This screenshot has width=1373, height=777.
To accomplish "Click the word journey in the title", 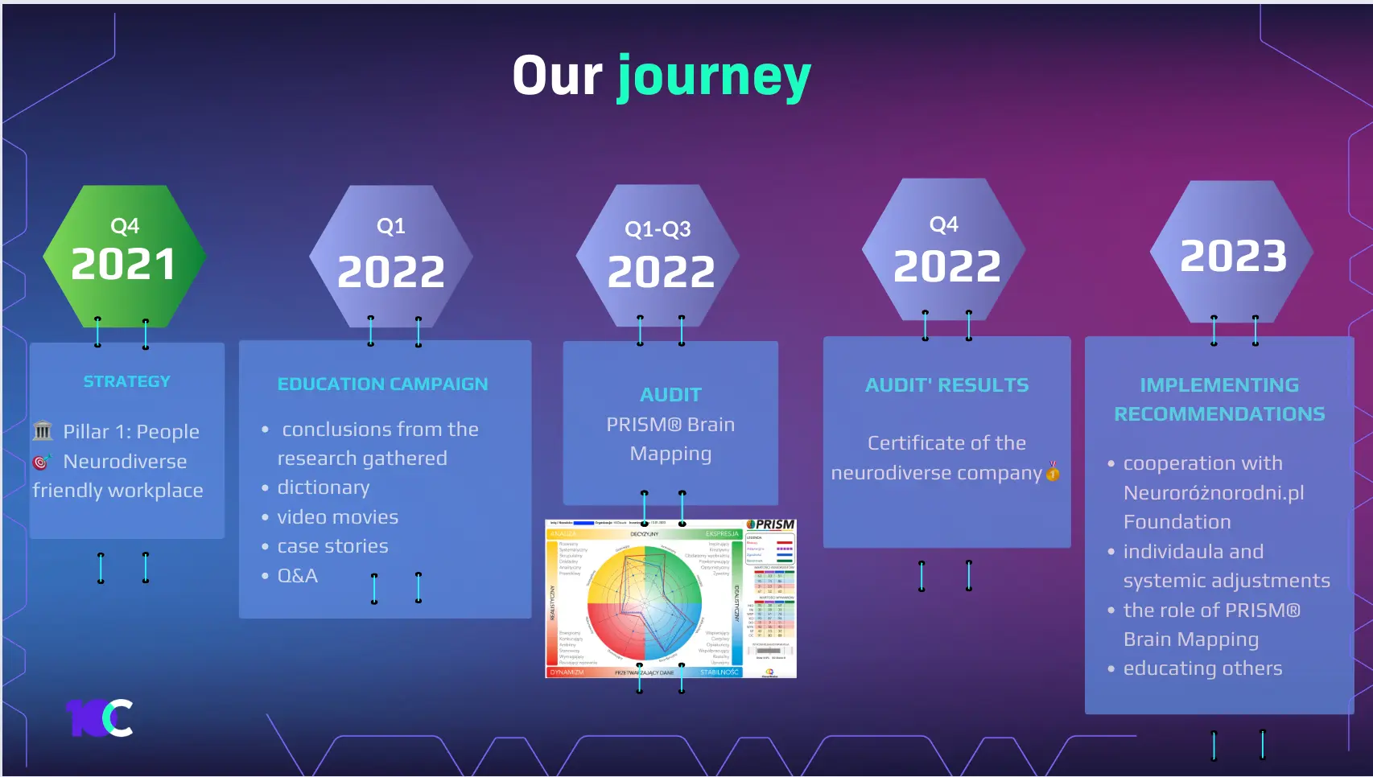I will tap(714, 77).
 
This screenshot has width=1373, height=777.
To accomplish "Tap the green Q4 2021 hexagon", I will tap(124, 256).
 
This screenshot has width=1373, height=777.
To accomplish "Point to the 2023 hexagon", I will tap(1232, 254).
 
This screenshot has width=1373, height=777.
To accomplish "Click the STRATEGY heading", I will tap(127, 381).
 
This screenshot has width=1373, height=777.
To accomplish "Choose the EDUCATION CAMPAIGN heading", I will tap(382, 384).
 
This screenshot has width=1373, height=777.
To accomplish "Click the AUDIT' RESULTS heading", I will tap(946, 385).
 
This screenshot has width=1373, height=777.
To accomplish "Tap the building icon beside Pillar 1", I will tap(43, 431).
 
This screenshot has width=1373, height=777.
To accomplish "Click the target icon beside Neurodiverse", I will tap(41, 462).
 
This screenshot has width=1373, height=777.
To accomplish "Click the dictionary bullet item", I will tap(324, 487).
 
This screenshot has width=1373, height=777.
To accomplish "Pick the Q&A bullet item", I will tap(298, 576).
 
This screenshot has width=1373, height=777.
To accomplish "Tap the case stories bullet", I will tap(332, 546).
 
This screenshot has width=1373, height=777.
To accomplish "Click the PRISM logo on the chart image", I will tap(770, 525).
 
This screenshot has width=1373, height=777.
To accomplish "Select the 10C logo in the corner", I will tap(100, 717).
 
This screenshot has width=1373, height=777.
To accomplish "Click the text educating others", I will tap(1202, 668).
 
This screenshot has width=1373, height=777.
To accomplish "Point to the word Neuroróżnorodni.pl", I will tap(1213, 493).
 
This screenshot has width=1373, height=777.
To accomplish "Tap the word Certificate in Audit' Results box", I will tap(905, 443).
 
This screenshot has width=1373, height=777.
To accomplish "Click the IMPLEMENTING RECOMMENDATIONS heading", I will tap(1218, 400).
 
